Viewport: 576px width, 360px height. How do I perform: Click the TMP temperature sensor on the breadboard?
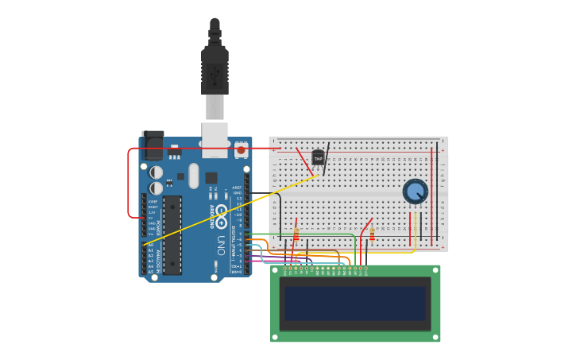319,158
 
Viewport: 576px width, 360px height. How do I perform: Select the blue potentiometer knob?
415,192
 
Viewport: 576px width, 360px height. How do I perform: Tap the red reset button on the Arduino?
241,149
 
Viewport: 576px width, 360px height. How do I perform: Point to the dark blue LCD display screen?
355,304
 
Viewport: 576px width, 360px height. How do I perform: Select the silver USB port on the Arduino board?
215,137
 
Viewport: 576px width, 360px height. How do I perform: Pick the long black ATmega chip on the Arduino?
172,234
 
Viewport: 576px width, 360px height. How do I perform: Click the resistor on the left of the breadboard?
296,234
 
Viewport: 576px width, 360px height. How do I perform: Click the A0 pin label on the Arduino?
151,245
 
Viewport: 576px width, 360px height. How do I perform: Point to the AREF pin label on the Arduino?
237,188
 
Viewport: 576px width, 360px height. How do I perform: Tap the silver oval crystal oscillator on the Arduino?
194,176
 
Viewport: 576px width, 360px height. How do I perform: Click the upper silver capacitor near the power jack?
157,172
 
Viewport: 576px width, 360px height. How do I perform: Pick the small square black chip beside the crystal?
211,178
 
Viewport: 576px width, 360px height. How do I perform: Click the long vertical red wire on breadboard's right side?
431,195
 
